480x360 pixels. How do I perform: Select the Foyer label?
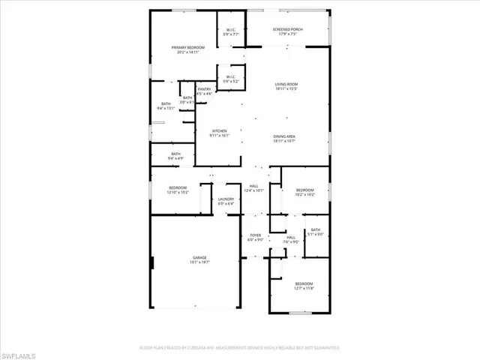255,238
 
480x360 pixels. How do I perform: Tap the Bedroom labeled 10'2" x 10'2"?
305,192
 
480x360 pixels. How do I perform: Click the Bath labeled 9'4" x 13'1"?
166,106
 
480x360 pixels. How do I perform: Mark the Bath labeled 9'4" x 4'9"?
175,156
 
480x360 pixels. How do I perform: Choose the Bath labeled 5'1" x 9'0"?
315,232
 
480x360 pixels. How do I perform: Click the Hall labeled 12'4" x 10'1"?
255,188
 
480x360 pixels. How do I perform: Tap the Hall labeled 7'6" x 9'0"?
291,239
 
